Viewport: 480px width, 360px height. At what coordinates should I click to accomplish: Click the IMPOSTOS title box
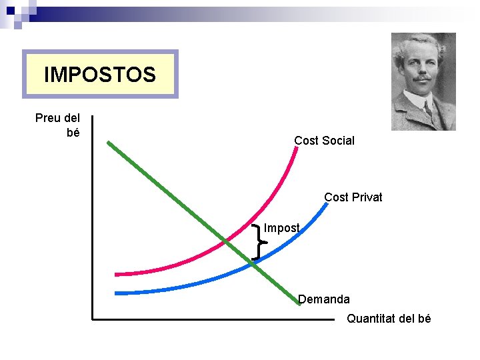(x=100, y=74)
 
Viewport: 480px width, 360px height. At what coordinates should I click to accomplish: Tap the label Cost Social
(x=324, y=141)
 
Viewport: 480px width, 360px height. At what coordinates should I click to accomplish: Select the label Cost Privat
(x=353, y=197)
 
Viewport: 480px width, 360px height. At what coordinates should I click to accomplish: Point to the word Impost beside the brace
(x=281, y=228)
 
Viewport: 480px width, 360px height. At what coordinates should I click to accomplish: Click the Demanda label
(x=323, y=299)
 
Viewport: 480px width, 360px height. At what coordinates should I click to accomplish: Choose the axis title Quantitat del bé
(x=389, y=319)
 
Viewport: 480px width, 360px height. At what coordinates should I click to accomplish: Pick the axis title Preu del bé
(x=58, y=125)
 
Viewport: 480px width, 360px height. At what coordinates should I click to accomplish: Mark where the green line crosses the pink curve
(x=227, y=241)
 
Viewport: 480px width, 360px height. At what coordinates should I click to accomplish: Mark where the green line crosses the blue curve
(x=252, y=264)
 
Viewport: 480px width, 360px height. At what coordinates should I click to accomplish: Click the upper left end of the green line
(x=109, y=143)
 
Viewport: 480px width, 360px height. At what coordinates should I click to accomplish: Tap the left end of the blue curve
(x=116, y=293)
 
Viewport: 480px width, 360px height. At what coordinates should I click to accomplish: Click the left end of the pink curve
(x=116, y=274)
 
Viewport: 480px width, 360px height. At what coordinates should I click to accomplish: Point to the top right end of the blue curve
(x=327, y=203)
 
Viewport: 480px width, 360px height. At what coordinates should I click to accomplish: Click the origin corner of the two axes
(x=93, y=319)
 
